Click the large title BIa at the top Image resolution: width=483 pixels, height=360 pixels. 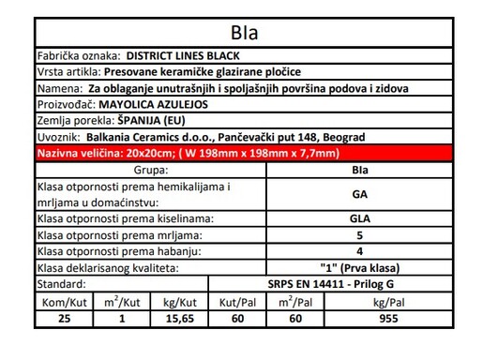[242, 34]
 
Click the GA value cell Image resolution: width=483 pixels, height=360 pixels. [358, 194]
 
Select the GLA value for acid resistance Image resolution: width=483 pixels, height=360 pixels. [358, 218]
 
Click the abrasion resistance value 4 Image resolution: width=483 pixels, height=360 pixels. [358, 250]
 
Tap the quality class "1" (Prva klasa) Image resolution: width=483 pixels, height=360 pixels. [358, 267]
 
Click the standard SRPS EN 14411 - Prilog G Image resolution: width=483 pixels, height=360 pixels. [358, 283]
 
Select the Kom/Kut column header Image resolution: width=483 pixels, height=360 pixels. [67, 301]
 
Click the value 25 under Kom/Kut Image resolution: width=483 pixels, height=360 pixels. [67, 319]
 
